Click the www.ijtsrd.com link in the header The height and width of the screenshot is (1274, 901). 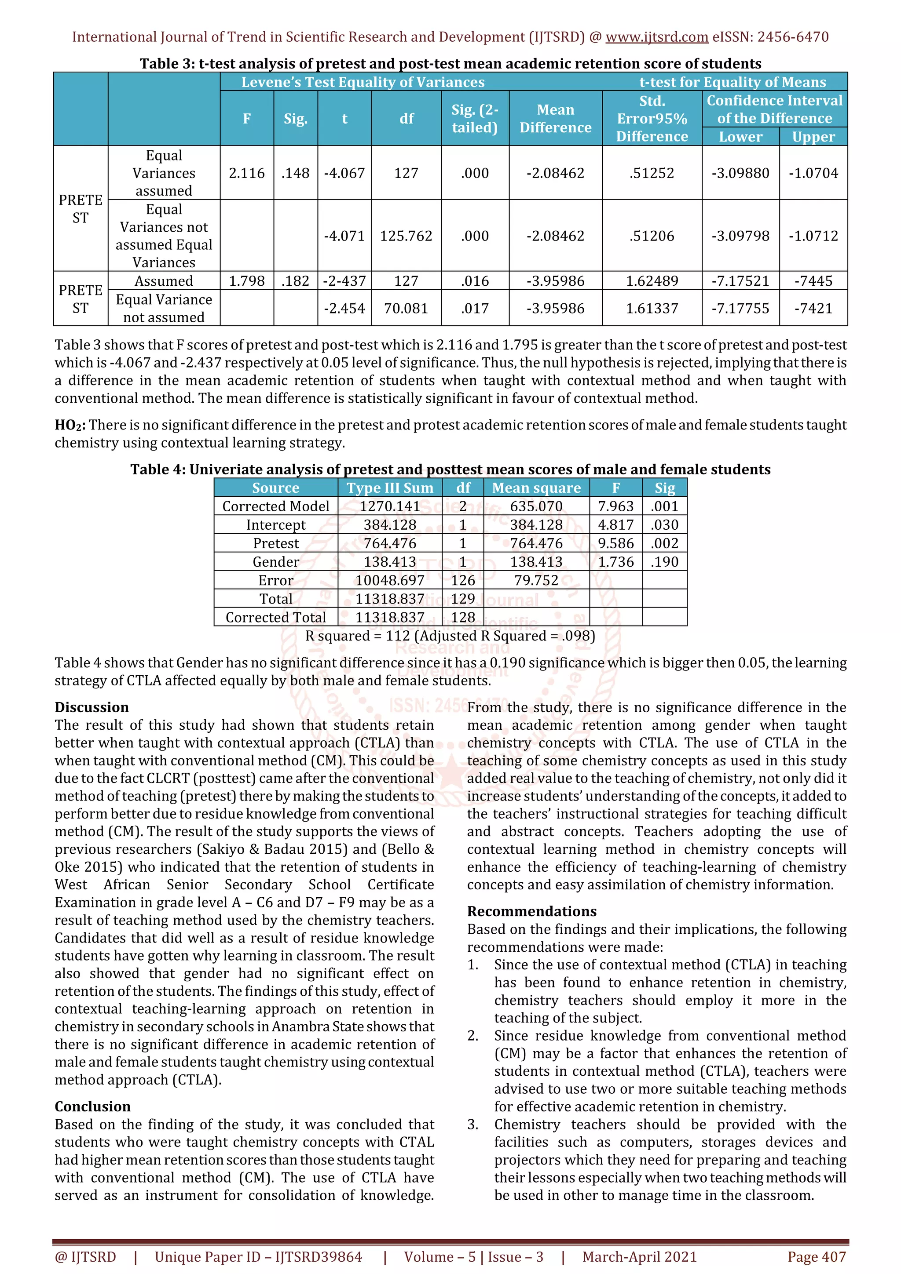coord(656,37)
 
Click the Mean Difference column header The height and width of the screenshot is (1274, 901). coord(555,119)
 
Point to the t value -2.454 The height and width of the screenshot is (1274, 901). coord(344,309)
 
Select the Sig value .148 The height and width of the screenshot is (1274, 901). coord(295,173)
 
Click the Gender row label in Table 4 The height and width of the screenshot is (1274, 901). coord(275,562)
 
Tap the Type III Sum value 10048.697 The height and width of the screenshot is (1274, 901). coord(390,580)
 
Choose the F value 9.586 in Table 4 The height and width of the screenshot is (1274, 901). coord(615,543)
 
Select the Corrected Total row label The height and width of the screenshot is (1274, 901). coord(275,618)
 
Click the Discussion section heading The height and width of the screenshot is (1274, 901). coord(92,707)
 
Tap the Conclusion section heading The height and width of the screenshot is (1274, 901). coord(92,1107)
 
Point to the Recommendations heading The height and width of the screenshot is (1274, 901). coord(531,911)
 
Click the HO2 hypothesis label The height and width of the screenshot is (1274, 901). coord(70,426)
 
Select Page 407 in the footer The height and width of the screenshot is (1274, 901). coord(816,1257)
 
